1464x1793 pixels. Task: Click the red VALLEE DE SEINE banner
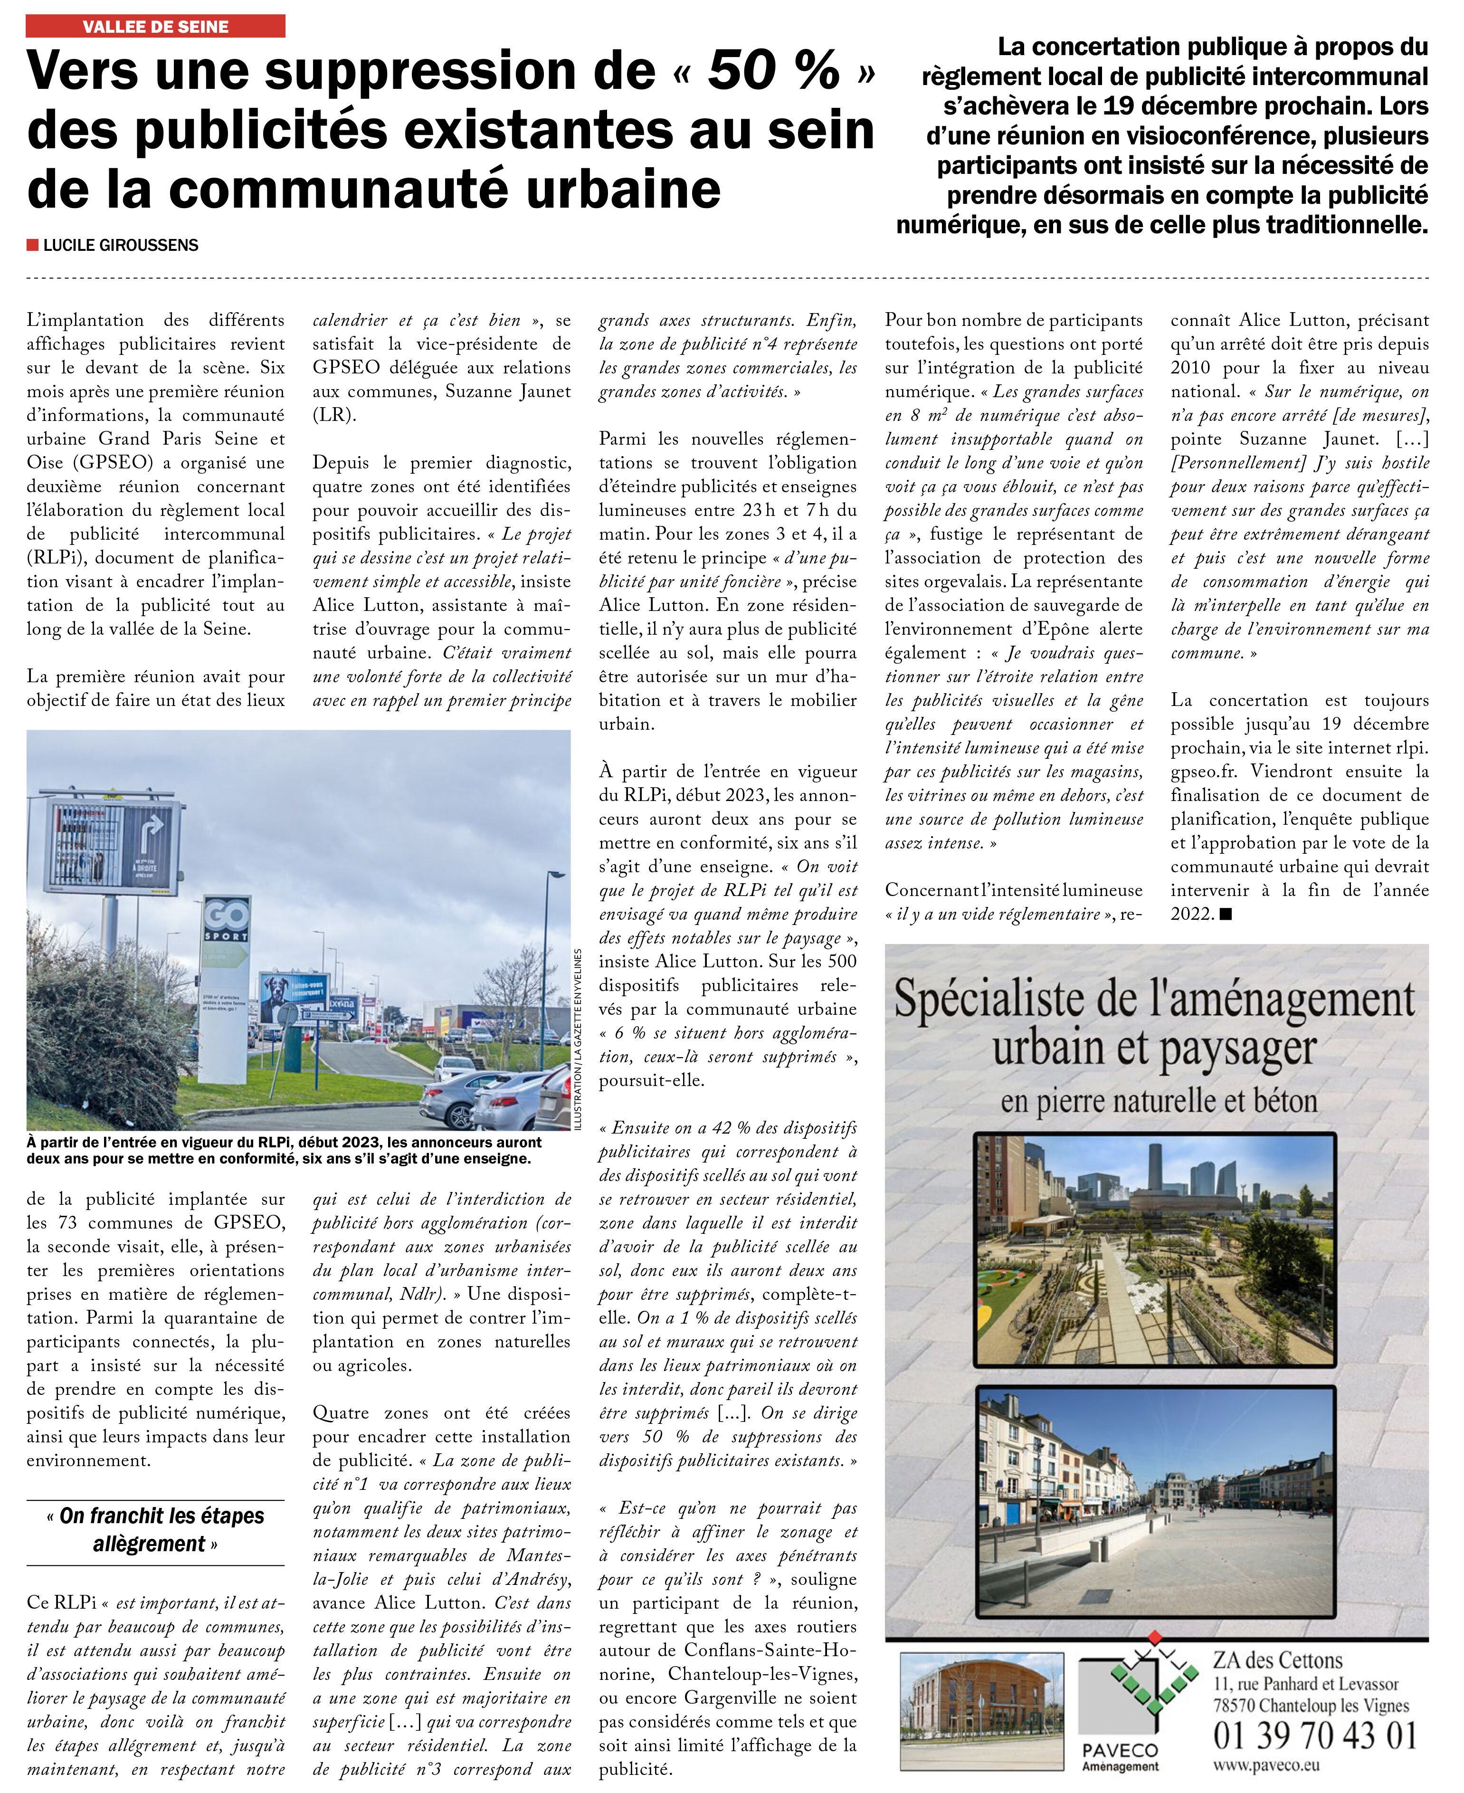[155, 26]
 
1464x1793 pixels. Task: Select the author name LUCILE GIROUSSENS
[121, 246]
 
